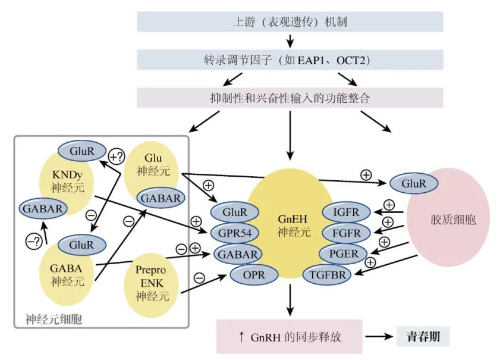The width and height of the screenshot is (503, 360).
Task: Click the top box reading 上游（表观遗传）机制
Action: (290, 23)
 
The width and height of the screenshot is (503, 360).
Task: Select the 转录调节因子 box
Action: (290, 60)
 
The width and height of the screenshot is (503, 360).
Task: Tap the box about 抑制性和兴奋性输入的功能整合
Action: (290, 98)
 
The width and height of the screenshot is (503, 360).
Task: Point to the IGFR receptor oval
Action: (346, 212)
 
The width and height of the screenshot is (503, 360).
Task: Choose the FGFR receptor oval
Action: (346, 233)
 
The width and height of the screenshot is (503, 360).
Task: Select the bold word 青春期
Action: (423, 336)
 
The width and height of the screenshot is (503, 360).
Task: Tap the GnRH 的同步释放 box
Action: (290, 337)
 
